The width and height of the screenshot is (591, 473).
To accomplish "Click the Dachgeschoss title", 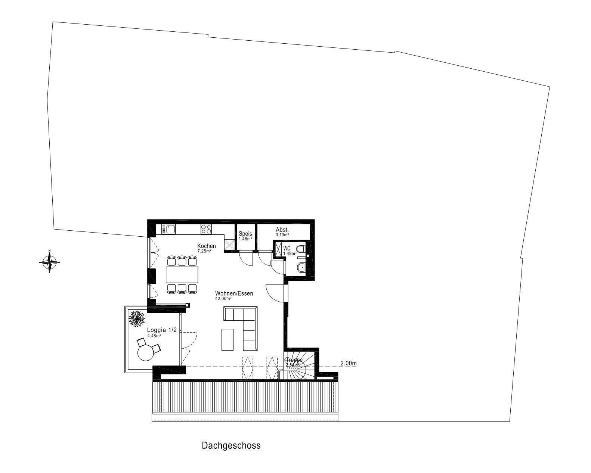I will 231,445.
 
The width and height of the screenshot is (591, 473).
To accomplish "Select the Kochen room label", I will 207,246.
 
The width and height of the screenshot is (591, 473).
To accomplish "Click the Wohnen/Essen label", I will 234,293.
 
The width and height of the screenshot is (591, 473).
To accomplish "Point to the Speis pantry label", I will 245,234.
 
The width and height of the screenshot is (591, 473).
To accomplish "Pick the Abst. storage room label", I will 282,230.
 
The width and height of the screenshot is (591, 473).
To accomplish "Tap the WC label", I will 287,248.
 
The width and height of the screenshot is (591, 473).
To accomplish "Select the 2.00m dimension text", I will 349,363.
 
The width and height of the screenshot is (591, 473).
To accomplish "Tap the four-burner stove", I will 206,228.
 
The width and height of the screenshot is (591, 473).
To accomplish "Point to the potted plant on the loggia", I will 136,318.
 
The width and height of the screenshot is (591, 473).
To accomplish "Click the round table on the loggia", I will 145,352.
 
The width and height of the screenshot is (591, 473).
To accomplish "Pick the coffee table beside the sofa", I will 227,339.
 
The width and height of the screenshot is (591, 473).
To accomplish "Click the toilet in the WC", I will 301,249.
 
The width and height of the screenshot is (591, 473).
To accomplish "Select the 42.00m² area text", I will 223,299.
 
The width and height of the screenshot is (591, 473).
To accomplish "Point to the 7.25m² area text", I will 204,251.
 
